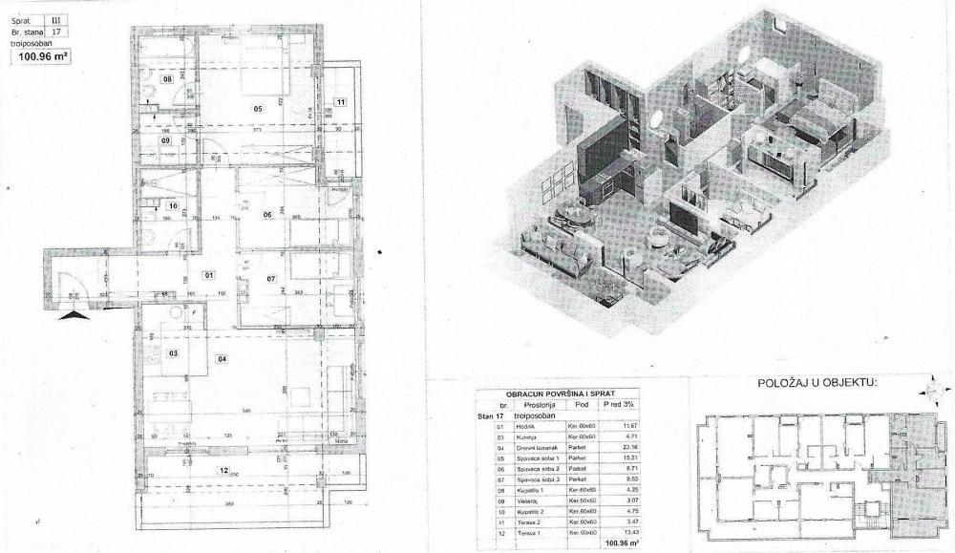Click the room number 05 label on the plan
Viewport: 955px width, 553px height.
pyautogui.click(x=257, y=109)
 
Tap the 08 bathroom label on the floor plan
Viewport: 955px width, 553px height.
pyautogui.click(x=167, y=80)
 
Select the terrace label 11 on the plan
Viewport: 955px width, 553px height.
pyautogui.click(x=339, y=101)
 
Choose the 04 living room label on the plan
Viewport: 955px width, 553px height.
pyautogui.click(x=222, y=360)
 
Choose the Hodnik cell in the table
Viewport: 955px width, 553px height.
pyautogui.click(x=525, y=425)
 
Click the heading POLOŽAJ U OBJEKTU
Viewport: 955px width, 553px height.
pyautogui.click(x=816, y=383)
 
